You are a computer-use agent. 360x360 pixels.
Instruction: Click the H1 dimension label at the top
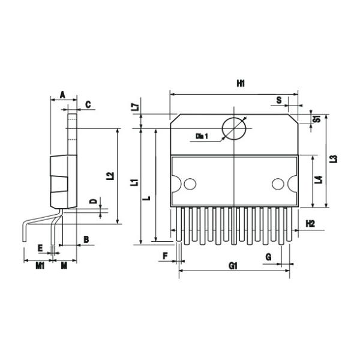point(240,84)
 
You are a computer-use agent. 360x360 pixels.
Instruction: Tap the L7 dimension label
point(136,108)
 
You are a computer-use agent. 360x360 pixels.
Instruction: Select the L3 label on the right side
point(334,159)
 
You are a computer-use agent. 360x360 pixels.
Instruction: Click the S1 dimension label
point(316,118)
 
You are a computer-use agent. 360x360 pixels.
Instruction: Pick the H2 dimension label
point(310,223)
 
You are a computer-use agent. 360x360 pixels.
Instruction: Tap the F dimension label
point(165,256)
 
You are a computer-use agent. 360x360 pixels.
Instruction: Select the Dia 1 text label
point(202,137)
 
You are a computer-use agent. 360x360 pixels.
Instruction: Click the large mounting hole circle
point(234,128)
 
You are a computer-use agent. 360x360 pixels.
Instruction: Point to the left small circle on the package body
point(190,184)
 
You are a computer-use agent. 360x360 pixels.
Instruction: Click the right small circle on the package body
point(277,184)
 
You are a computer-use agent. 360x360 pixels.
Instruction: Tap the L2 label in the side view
point(109,176)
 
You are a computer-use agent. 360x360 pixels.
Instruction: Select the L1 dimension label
point(136,182)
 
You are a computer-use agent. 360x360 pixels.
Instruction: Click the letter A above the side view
point(62,95)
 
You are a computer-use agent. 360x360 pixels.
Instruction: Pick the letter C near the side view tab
point(88,104)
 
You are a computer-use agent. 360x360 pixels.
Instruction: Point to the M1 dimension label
point(40,265)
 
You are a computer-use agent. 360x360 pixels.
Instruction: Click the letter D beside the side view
point(92,201)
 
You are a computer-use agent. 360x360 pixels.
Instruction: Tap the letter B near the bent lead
point(86,239)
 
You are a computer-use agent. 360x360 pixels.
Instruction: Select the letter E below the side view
point(40,247)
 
